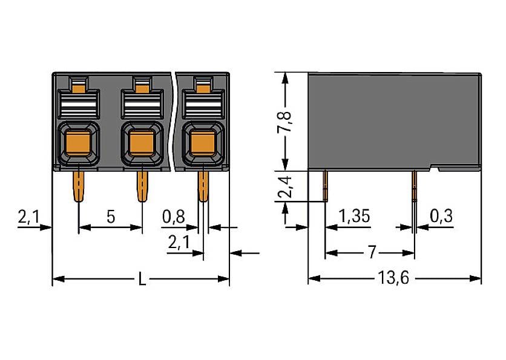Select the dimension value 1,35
coord(354,216)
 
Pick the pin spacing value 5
coord(111,217)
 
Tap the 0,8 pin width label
coord(173,217)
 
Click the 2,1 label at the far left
coord(28,217)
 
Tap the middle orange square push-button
coord(141,143)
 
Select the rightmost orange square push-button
coord(202,143)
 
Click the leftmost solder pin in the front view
coord(79,186)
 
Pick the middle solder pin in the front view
coord(142,186)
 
